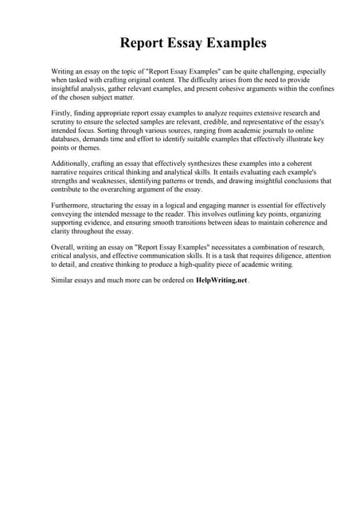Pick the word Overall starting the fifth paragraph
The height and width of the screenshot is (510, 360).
tap(63, 247)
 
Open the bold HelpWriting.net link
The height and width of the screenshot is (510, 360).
tap(221, 280)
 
